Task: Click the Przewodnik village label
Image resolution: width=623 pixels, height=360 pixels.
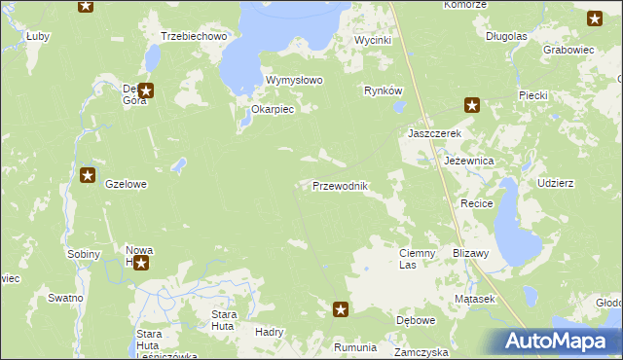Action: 339,186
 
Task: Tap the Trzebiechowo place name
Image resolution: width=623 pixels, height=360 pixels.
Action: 194,36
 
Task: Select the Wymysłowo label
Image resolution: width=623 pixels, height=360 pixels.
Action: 294,80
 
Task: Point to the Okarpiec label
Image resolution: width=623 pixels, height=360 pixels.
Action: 273,110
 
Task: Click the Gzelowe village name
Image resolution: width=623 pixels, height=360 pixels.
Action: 126,184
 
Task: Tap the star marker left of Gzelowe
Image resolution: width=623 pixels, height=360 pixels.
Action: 88,176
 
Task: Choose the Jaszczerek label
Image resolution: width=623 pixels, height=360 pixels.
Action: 433,132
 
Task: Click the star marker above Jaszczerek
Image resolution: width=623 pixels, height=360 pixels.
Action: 472,105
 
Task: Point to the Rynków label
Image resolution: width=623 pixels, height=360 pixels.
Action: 383,90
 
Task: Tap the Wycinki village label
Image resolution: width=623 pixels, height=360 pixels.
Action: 372,41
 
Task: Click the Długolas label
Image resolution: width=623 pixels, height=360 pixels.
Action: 506,36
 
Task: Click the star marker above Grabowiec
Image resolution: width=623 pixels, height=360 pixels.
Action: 595,18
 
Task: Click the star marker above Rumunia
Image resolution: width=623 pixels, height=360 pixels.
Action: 341,309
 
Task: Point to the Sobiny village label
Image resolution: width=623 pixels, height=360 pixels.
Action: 84,254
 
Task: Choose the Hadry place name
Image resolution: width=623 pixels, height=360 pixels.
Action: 269,332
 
